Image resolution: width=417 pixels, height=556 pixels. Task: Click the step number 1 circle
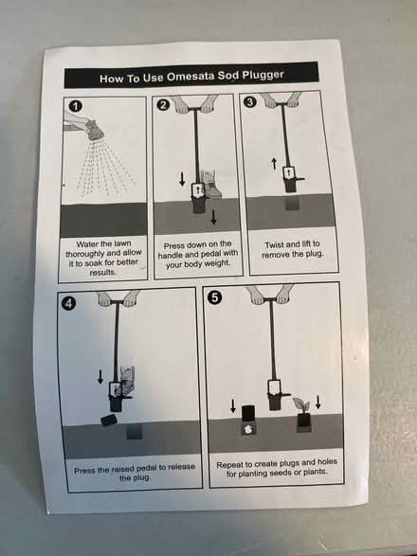[75, 106]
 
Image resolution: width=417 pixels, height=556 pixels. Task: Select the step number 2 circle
[163, 105]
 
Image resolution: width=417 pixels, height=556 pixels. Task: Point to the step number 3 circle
[250, 101]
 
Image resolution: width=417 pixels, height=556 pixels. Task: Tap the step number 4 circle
[68, 303]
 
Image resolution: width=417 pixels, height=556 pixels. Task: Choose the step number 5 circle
[215, 297]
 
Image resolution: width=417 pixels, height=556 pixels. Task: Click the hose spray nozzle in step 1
[93, 130]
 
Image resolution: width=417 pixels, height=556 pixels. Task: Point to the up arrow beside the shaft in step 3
[274, 164]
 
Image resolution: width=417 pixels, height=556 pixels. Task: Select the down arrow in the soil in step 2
[213, 217]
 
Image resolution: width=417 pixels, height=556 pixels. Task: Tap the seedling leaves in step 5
[301, 404]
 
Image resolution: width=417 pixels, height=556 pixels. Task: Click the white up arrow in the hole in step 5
[247, 429]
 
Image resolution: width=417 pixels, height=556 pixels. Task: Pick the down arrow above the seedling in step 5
[318, 403]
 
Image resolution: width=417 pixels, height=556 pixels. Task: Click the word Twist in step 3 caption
[273, 245]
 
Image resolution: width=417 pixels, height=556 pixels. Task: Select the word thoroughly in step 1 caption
[83, 254]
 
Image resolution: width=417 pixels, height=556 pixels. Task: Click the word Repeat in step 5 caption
[228, 465]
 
